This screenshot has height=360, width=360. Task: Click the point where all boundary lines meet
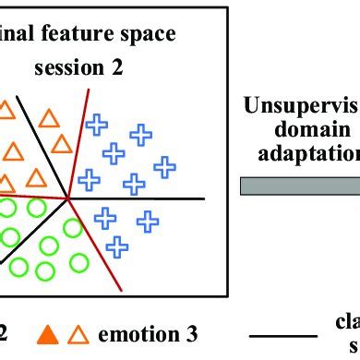(x=68, y=197)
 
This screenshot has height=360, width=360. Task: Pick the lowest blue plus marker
(x=117, y=246)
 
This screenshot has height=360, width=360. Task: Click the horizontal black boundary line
(x=148, y=198)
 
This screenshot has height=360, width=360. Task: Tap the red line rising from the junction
(x=79, y=138)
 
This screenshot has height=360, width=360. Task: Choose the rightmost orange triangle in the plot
(x=62, y=143)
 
